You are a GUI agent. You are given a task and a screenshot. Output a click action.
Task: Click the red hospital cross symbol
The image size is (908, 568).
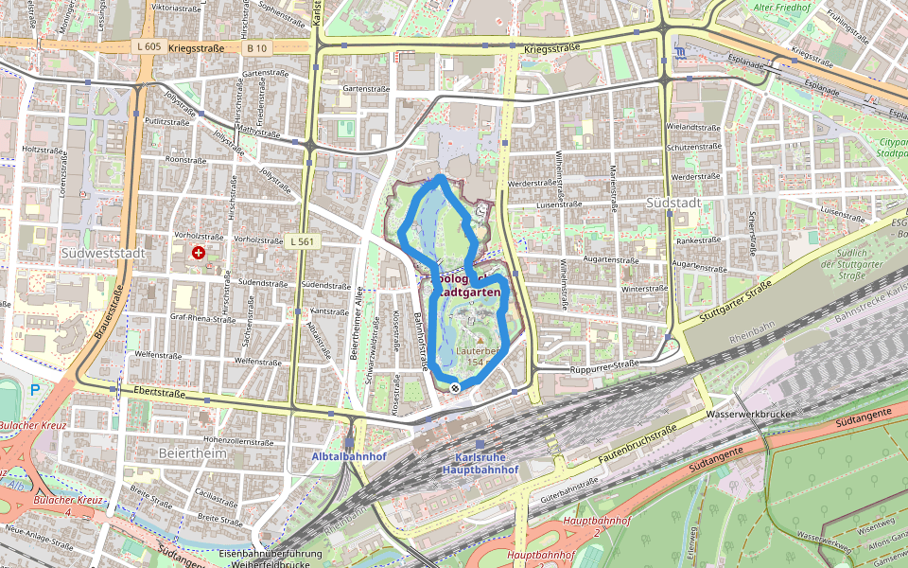[199, 253]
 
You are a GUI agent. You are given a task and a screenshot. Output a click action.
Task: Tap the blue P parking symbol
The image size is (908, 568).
[35, 389]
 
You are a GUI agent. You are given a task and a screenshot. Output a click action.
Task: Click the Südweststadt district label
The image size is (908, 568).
[100, 254]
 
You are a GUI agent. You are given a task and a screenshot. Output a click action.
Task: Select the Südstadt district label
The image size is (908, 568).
[674, 204]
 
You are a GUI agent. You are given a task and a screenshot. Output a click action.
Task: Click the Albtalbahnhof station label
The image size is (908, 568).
[349, 456]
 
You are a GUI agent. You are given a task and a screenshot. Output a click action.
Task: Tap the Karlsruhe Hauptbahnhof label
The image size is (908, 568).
[480, 463]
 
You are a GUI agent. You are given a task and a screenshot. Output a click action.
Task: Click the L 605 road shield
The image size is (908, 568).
[148, 46]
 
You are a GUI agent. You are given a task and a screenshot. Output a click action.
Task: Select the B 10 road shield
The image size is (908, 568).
[256, 46]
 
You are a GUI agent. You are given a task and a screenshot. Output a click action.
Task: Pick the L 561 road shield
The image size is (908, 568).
[303, 242]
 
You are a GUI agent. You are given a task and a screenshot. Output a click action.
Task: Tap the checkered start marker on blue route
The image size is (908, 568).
[455, 387]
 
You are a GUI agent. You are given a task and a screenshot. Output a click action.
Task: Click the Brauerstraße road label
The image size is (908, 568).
[108, 312]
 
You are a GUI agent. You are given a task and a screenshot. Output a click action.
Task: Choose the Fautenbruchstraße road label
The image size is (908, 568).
[638, 444]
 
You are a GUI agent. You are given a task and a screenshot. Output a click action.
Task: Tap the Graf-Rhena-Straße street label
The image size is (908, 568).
[202, 319]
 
